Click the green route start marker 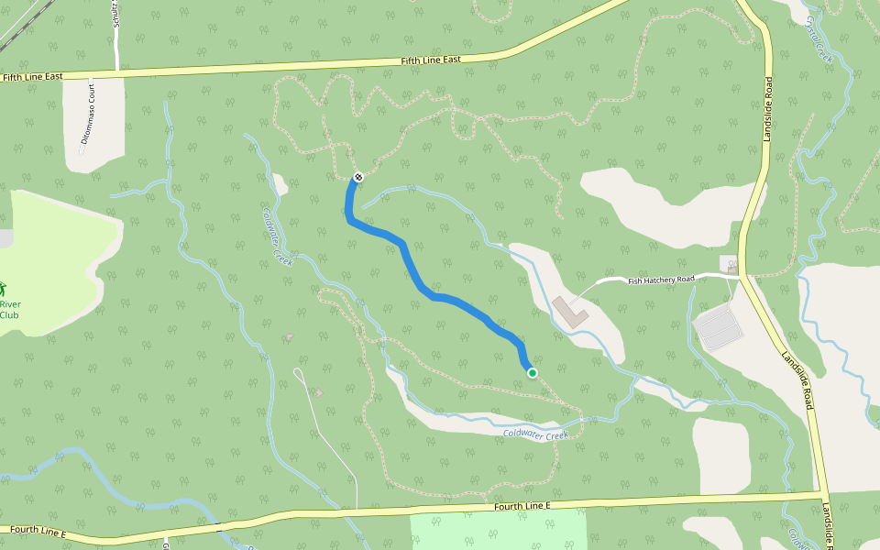[532, 372]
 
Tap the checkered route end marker [358, 176]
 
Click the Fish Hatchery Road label [661, 280]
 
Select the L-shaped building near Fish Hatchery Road [570, 311]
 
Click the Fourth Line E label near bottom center [522, 506]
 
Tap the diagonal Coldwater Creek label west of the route [277, 236]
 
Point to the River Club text [9, 310]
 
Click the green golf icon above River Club [3, 289]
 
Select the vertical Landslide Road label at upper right [768, 109]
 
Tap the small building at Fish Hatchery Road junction [727, 263]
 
